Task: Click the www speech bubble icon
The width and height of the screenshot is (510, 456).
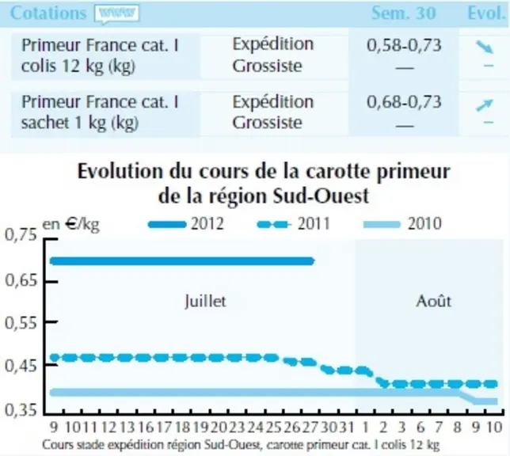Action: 116,14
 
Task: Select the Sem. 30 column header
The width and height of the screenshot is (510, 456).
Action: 403,13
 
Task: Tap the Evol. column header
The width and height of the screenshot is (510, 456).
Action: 486,13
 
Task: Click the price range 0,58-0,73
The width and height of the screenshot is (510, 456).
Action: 404,45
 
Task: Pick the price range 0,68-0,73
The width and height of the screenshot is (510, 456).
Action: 404,102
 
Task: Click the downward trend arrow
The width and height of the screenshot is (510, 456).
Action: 485,47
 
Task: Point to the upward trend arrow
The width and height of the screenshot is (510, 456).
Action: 485,105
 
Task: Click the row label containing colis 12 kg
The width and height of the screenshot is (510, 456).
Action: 100,55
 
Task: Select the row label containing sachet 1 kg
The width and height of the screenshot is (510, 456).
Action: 100,112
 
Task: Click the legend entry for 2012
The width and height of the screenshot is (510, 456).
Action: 186,224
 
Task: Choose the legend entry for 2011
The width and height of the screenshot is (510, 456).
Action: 294,224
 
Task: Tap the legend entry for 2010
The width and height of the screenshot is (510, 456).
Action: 402,224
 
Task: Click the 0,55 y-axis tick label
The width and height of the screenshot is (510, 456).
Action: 21,323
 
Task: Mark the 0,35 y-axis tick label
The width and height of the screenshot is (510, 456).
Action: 21,410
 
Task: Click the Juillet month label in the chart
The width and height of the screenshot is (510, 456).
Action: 205,301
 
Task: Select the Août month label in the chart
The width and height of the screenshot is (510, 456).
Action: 433,302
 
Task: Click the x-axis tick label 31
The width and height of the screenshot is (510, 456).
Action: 347,427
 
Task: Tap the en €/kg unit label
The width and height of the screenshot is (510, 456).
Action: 71,225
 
